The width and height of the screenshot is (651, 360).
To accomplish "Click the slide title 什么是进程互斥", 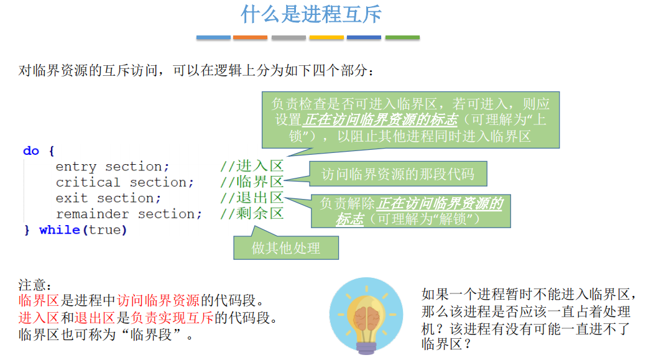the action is tap(311, 14).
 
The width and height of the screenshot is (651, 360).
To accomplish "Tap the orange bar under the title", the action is tap(250, 37).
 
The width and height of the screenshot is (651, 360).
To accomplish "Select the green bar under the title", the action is tap(402, 37).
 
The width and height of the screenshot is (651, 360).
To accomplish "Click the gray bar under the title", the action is tap(289, 37).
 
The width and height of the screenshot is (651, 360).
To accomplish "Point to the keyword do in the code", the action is tap(31, 150).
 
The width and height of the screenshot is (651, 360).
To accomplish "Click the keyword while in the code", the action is tap(59, 230).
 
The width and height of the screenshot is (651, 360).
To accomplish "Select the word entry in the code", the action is tap(76, 167).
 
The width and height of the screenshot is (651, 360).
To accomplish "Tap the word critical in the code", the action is tap(88, 183).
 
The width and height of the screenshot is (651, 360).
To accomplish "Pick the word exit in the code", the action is tap(72, 198).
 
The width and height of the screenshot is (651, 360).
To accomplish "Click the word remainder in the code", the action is tap(92, 215).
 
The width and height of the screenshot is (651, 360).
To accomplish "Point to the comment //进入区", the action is tap(252, 166).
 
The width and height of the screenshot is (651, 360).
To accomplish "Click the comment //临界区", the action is tap(252, 182).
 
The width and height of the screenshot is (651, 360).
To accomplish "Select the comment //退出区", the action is tap(252, 198).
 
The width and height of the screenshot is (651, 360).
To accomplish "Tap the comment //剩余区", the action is tap(252, 213).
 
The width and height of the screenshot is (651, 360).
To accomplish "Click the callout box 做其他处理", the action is tap(286, 247).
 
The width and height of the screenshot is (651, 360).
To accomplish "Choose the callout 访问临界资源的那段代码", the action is tap(398, 174).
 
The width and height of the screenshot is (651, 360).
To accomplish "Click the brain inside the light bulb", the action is tap(367, 318).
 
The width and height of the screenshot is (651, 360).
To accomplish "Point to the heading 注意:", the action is tap(35, 285).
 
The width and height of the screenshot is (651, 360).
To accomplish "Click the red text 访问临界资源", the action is tap(158, 300).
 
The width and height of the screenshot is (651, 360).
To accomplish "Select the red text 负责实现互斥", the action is tap(172, 318).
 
